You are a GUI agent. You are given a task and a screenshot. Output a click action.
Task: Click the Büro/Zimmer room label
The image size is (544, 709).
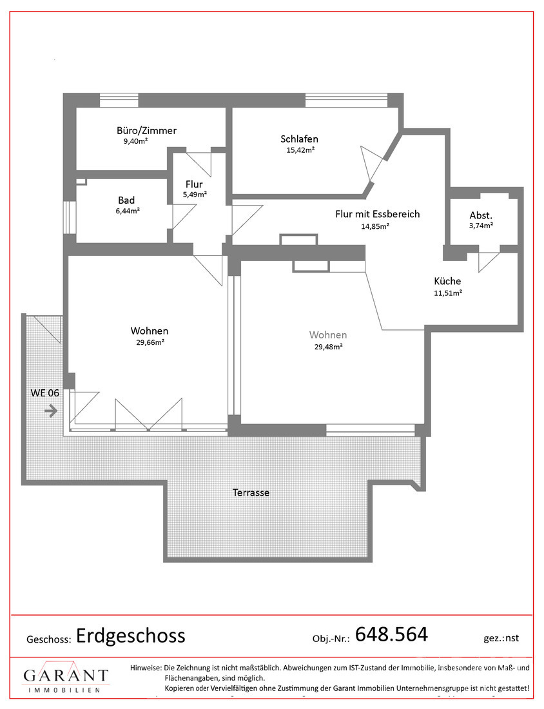[146, 131]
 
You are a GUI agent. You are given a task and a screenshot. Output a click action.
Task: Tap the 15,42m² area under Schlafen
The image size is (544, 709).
[301, 150]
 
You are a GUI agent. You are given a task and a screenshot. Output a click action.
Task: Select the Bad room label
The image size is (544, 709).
[126, 200]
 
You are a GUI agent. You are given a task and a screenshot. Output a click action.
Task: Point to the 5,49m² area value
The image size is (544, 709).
[195, 195]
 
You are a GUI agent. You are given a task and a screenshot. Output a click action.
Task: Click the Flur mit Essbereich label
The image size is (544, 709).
[378, 214]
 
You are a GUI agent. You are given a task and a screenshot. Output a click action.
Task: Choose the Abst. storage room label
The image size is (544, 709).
[481, 215]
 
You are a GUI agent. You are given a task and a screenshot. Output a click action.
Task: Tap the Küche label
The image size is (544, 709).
[447, 281]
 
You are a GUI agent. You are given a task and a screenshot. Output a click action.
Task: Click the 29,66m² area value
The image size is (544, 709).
[150, 342]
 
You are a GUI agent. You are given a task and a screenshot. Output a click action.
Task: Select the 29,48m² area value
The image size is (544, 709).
[328, 347]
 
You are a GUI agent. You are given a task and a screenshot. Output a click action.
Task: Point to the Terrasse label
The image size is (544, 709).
[251, 492]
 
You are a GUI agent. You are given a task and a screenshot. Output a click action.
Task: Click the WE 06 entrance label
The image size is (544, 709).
[44, 393]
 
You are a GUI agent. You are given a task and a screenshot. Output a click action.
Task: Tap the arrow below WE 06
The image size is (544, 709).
[51, 411]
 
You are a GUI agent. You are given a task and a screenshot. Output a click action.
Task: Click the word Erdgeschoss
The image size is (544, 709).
[131, 636]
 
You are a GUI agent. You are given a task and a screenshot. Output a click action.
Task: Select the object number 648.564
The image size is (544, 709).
[392, 634]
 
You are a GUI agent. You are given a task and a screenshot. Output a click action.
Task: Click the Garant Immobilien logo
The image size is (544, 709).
[66, 677]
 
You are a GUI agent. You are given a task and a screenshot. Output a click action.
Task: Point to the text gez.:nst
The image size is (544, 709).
[501, 638]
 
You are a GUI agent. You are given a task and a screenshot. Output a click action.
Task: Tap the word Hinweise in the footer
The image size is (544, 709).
[146, 667]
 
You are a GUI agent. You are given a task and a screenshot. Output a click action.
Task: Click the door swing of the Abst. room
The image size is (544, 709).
[489, 262]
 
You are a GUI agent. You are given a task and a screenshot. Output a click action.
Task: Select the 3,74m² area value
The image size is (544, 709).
[481, 225]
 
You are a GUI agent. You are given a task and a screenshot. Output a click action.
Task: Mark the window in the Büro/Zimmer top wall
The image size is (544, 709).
[119, 100]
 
